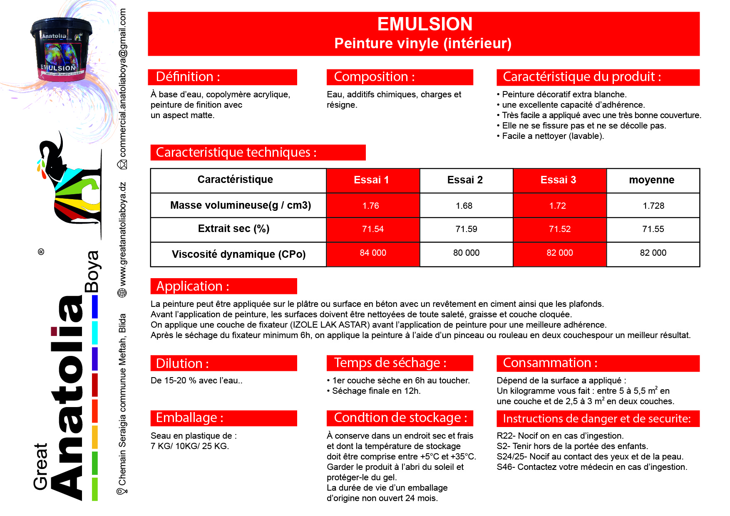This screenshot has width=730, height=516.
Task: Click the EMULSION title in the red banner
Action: (425, 24)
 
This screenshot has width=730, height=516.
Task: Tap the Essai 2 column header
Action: (465, 180)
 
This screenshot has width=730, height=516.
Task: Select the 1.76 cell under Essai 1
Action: (371, 206)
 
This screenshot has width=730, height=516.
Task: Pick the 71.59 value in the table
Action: (466, 229)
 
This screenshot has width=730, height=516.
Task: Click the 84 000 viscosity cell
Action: (373, 253)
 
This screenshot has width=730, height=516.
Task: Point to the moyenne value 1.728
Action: (653, 206)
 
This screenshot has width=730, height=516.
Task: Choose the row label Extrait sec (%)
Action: (233, 229)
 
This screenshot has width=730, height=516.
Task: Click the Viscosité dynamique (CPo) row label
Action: (238, 254)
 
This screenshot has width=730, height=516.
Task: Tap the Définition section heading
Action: (188, 77)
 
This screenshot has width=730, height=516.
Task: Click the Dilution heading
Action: (182, 363)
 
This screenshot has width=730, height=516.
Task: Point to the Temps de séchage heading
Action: (390, 363)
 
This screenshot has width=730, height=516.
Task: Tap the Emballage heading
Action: (189, 418)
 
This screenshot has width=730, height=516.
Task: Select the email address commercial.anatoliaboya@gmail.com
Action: (123, 83)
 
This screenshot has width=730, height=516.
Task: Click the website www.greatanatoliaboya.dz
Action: (123, 235)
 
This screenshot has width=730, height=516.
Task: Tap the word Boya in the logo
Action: (92, 271)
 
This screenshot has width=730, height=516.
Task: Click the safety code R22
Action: (505, 436)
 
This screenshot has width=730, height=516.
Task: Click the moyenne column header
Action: (651, 180)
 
